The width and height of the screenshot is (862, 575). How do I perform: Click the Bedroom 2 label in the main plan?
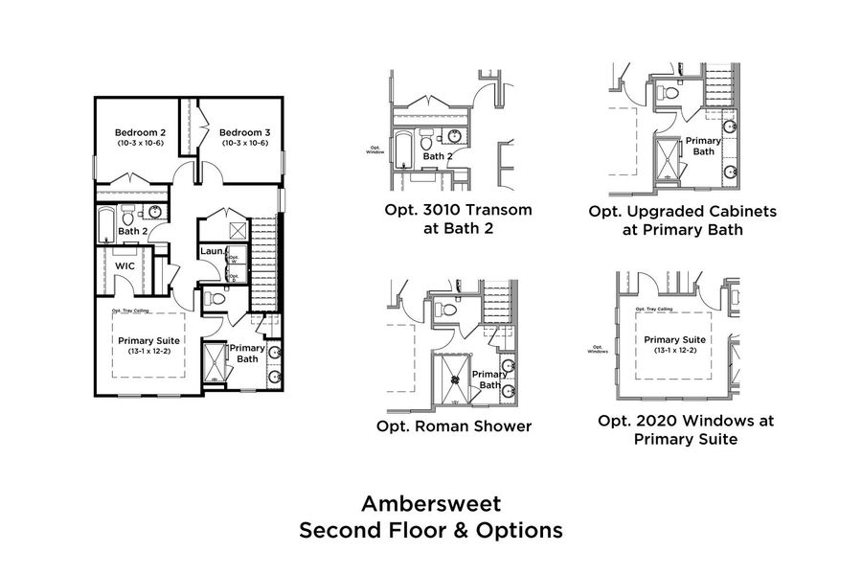click(141, 132)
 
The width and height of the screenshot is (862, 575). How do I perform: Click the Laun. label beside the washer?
click(211, 252)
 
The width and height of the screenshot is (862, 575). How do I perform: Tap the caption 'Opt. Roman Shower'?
click(456, 425)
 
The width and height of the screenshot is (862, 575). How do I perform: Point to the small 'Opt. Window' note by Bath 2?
click(374, 149)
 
